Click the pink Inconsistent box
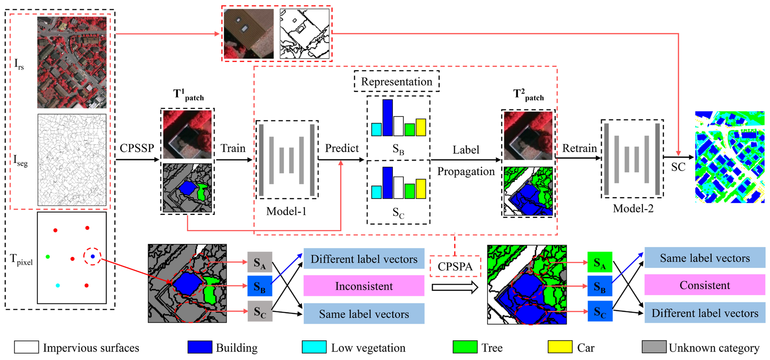pyautogui.click(x=364, y=286)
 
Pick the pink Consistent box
pyautogui.click(x=705, y=285)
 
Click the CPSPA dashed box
pyautogui.click(x=455, y=266)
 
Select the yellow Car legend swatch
pyautogui.click(x=560, y=347)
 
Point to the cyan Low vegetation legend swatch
pyautogui.click(x=314, y=347)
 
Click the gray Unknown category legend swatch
pyautogui.click(x=654, y=347)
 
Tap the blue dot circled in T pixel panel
pyautogui.click(x=93, y=256)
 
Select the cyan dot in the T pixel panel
pyautogui.click(x=58, y=285)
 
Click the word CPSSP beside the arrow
pyautogui.click(x=137, y=148)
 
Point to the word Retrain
pyautogui.click(x=579, y=148)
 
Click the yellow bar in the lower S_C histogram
pyautogui.click(x=421, y=189)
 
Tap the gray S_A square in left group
pyautogui.click(x=259, y=262)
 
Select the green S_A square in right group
pyautogui.click(x=600, y=262)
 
